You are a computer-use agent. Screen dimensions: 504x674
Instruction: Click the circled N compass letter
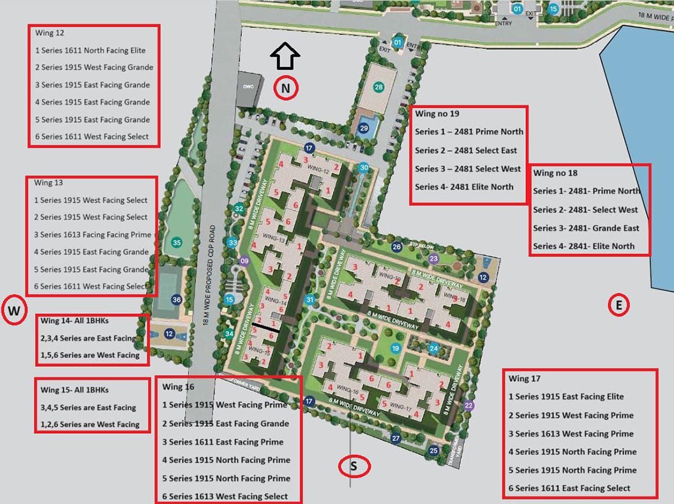(287, 89)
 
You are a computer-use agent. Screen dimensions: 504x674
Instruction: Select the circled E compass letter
(618, 306)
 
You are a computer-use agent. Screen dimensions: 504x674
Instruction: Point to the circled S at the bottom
(354, 466)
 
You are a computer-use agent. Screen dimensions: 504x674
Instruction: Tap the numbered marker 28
(378, 87)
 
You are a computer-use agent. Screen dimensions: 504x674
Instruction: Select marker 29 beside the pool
(364, 128)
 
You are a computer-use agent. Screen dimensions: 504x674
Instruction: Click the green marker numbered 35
(177, 242)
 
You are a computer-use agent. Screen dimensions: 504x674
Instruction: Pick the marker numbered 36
(177, 300)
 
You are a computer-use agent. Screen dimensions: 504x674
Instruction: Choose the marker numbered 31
(310, 300)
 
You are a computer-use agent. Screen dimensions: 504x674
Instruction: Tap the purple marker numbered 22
(470, 405)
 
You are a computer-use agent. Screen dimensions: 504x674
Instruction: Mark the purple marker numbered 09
(243, 260)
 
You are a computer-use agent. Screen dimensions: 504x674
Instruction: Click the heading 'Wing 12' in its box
(50, 33)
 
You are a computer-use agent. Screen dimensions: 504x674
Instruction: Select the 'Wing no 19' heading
(437, 114)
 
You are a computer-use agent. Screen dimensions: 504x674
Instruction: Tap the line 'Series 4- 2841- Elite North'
(583, 246)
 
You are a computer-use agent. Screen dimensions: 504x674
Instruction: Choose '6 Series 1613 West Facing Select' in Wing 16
(225, 496)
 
